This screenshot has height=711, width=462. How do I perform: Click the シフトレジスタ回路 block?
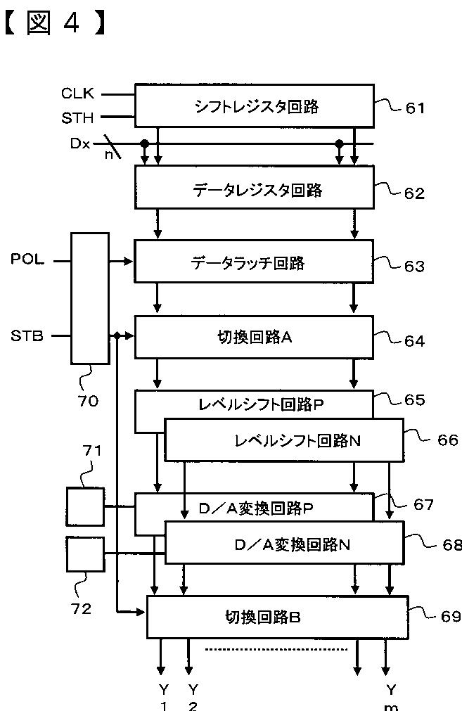253,106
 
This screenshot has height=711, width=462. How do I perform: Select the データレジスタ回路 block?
253,189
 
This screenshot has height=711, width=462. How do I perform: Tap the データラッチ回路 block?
253,263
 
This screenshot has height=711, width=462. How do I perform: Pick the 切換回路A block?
253,337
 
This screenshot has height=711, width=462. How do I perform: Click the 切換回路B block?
277,617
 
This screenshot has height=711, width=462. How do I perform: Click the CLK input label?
77,93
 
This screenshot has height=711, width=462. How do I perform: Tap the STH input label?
77,117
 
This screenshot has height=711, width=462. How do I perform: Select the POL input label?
27,260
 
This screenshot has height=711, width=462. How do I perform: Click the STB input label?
27,335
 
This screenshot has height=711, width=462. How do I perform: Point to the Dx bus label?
79,143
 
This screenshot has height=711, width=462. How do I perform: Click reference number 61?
415,108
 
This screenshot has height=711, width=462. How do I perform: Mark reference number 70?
89,402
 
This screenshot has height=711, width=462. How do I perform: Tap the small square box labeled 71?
85,506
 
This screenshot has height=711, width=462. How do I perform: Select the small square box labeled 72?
85,554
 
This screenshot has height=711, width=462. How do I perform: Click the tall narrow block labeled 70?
90,298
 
